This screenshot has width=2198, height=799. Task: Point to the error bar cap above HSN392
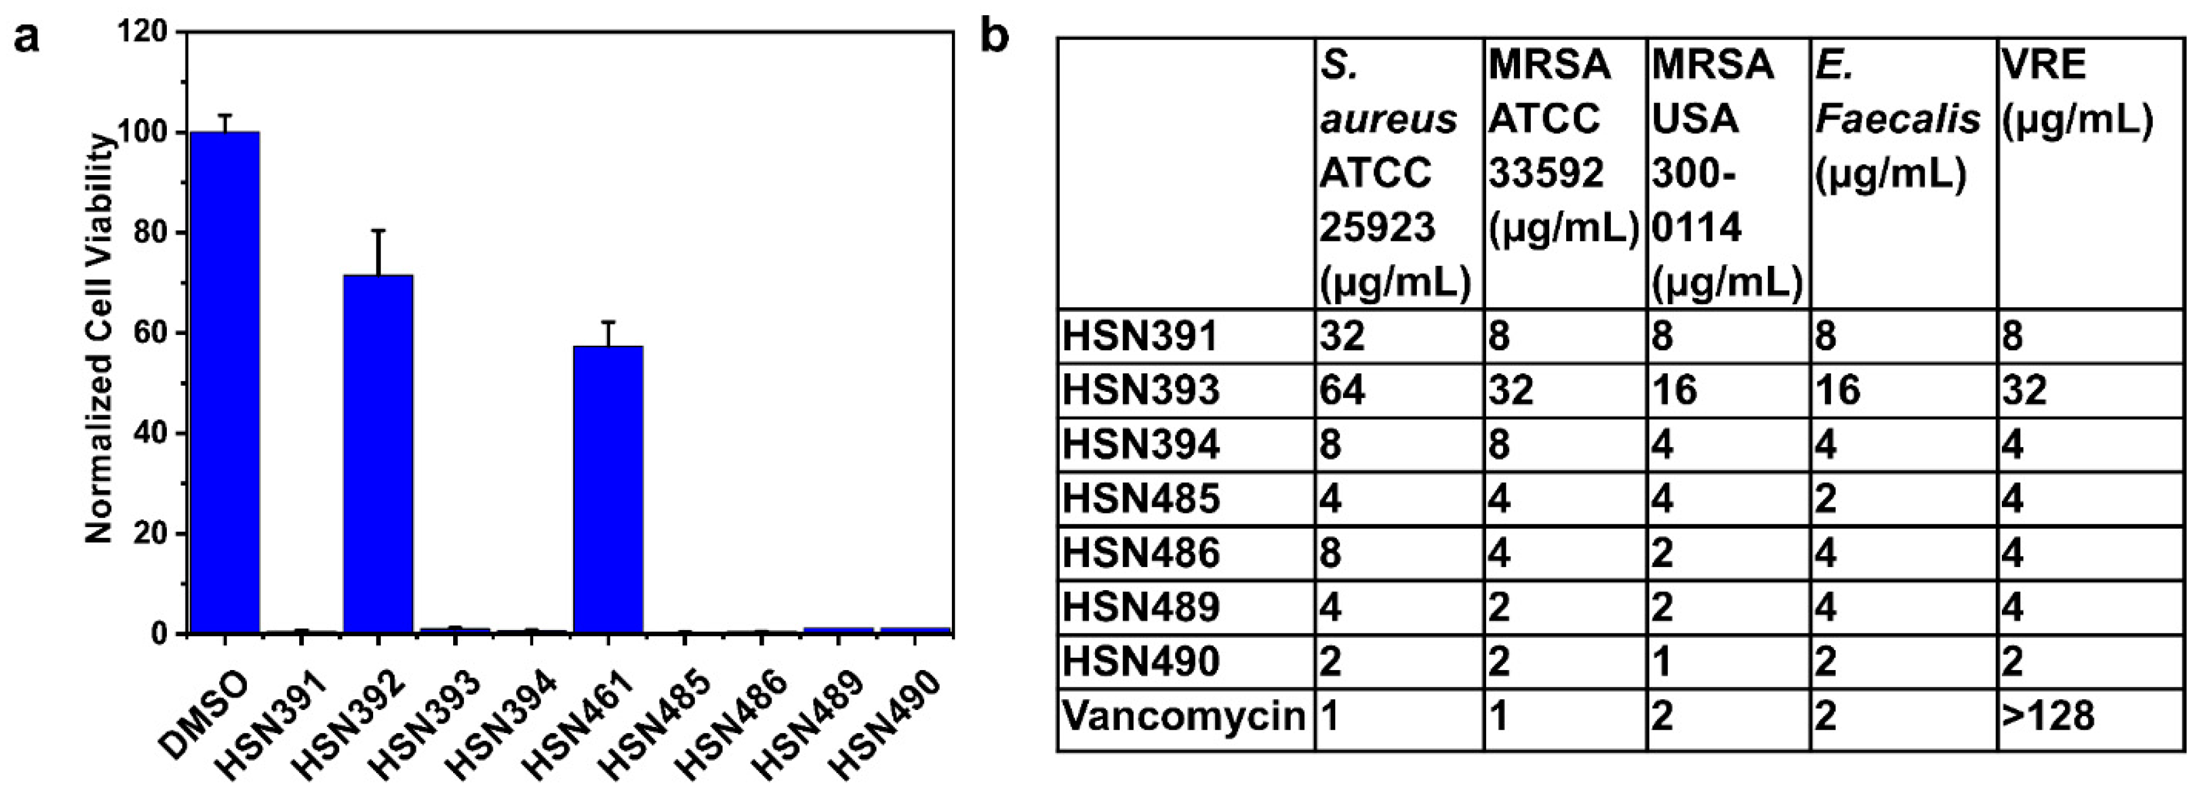[378, 231]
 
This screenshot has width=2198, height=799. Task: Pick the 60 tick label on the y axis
[152, 333]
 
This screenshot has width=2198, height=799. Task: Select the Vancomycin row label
[1184, 716]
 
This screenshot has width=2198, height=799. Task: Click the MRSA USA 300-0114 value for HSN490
[1662, 662]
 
